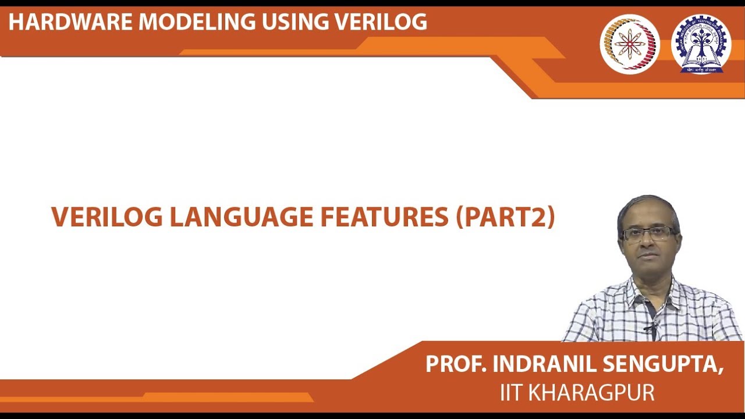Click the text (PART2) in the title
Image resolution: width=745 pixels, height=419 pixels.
[x=505, y=217]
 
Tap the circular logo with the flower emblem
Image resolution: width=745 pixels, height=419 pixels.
[x=630, y=44]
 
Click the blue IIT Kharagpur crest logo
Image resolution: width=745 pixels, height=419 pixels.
[x=701, y=44]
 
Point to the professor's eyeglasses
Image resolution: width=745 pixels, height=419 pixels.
[x=647, y=234]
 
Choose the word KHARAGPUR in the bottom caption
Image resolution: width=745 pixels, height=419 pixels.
[x=591, y=393]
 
